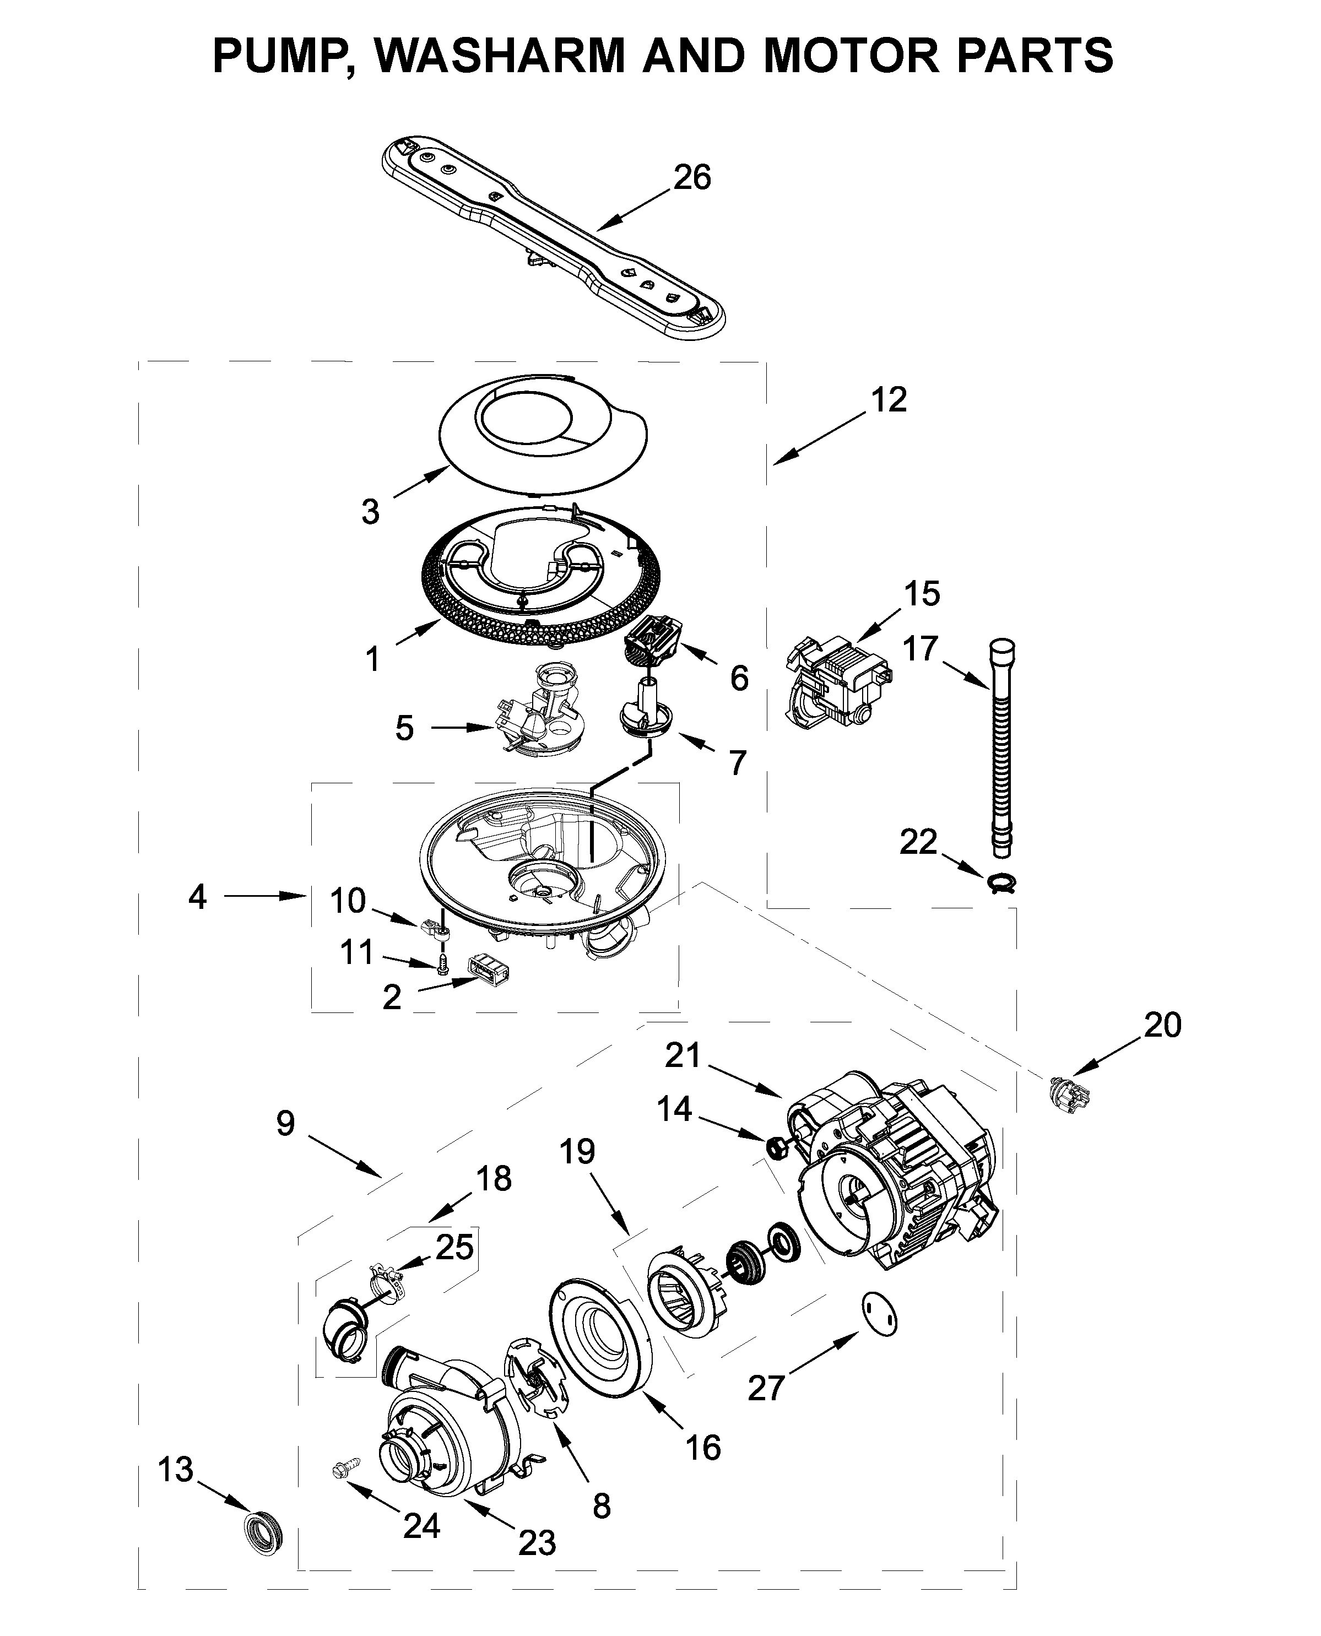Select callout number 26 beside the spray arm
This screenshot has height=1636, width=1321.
pos(692,177)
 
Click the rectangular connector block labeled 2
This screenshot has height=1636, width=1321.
pos(488,972)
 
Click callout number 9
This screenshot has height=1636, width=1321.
pos(285,1123)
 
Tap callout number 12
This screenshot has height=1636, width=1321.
pos(889,399)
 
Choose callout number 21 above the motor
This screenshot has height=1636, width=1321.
pos(683,1055)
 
